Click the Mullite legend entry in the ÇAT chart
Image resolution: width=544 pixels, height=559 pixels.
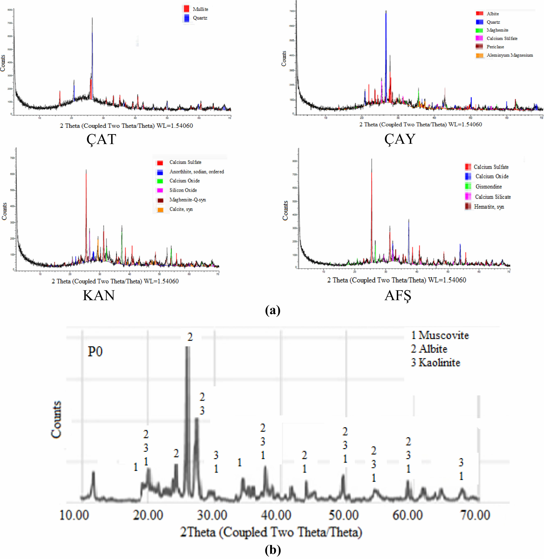[200, 9]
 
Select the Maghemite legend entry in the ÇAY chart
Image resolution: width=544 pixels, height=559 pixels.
[497, 30]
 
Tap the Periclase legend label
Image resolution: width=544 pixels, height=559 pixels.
[495, 47]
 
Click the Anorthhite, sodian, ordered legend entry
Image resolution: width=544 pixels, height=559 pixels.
[197, 172]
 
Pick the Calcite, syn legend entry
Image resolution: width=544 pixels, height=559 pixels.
[181, 209]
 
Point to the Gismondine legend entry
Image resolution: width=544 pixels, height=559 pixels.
[488, 187]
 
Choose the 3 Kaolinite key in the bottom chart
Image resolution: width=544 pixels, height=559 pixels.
[435, 363]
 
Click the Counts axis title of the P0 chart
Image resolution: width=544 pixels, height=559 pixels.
[56, 419]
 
